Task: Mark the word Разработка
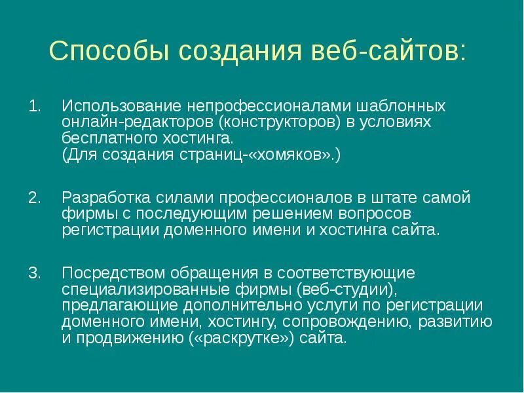coord(105,198)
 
